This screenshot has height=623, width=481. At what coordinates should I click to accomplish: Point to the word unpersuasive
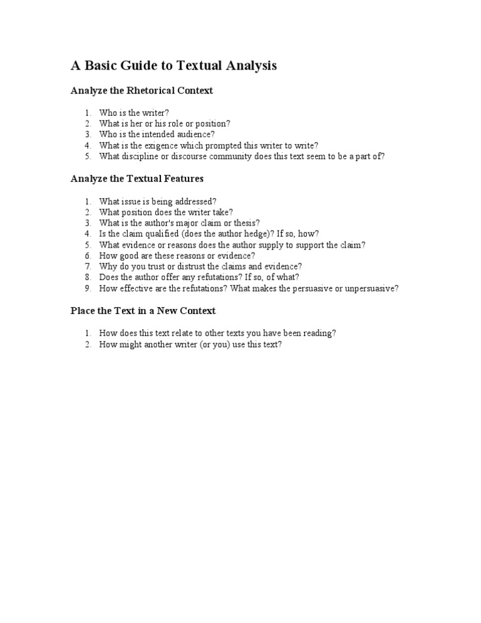pyautogui.click(x=371, y=288)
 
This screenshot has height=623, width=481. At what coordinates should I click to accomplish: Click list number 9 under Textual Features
pyautogui.click(x=88, y=288)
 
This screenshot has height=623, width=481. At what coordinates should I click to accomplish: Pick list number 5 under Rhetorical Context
pyautogui.click(x=88, y=157)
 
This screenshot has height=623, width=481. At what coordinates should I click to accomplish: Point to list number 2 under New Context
pyautogui.click(x=88, y=344)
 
